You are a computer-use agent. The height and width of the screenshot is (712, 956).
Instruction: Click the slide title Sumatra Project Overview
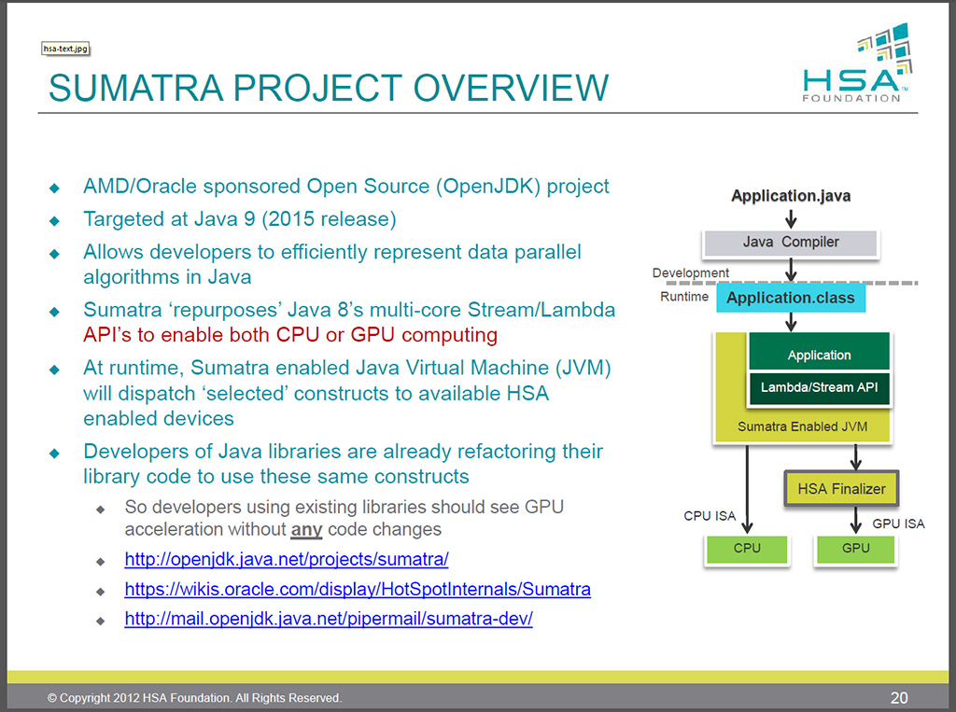[328, 88]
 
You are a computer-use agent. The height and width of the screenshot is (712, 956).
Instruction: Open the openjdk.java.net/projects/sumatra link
[287, 560]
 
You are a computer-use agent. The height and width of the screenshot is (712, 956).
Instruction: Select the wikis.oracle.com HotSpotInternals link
[358, 590]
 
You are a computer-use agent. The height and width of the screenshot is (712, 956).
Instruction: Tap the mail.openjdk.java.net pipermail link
[329, 619]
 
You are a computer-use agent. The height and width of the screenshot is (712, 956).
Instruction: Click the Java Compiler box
[791, 243]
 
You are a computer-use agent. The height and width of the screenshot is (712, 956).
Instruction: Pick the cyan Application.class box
[791, 298]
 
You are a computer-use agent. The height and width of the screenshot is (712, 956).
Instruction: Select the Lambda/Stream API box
[819, 387]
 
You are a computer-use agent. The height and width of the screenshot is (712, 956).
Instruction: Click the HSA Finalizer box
[841, 488]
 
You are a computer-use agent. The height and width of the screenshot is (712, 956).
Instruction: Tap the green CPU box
[747, 548]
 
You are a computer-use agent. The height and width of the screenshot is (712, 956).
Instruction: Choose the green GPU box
[855, 548]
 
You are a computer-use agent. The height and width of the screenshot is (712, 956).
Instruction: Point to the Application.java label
[791, 196]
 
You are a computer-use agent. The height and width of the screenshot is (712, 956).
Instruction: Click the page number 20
[899, 697]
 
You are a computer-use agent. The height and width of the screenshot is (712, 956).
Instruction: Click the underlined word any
[307, 530]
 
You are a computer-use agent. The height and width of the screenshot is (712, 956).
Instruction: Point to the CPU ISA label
[710, 516]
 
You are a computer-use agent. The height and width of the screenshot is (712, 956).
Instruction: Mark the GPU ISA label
[898, 524]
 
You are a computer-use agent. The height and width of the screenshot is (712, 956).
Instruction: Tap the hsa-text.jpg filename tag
[65, 49]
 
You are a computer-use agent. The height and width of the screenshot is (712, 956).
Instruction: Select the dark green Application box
[819, 355]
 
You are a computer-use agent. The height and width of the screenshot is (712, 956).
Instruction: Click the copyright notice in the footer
[195, 698]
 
